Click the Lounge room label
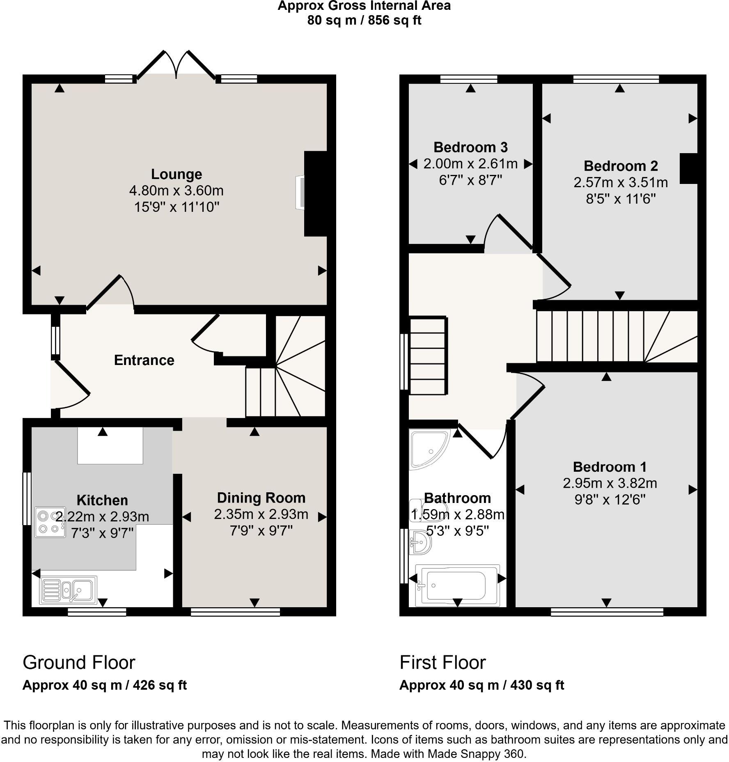click(177, 174)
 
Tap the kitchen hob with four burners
click(50, 522)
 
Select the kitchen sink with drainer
click(69, 590)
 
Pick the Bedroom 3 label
click(470, 147)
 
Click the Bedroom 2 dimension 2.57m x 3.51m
click(620, 182)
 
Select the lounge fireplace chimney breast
click(315, 194)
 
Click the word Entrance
click(144, 360)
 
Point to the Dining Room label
click(261, 498)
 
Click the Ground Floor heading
click(79, 662)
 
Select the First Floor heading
click(442, 662)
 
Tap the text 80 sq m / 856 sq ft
click(364, 20)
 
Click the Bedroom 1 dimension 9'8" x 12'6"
click(610, 500)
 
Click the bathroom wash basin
click(420, 542)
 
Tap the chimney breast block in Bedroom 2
click(688, 168)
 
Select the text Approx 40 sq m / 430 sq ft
click(481, 685)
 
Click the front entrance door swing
click(71, 388)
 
